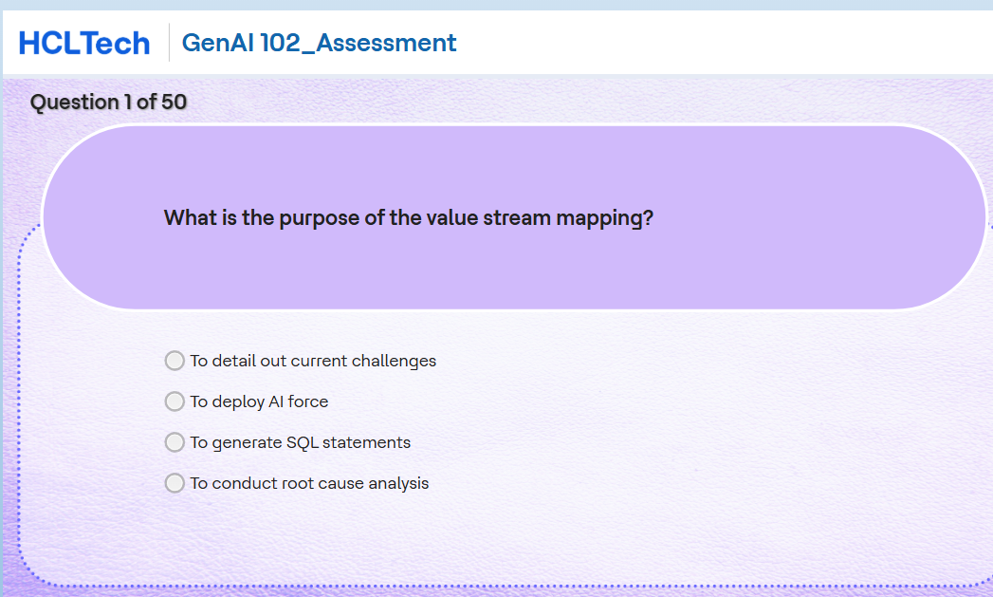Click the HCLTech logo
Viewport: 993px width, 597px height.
84,43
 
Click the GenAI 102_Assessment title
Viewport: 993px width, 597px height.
319,43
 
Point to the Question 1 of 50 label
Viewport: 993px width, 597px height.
108,102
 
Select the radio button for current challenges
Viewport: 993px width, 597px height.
175,361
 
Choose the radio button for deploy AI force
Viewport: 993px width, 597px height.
175,401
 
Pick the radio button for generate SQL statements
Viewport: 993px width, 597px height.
175,442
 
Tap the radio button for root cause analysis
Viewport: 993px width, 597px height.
175,483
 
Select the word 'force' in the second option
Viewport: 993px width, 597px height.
308,401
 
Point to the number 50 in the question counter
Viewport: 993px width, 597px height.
174,102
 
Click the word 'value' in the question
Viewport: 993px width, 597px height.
451,218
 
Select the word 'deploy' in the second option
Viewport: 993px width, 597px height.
239,401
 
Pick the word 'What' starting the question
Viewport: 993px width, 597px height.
187,218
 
